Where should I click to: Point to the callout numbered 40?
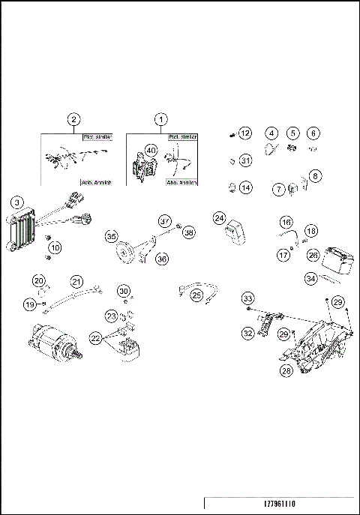click(x=151, y=151)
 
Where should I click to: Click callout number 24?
click(x=219, y=218)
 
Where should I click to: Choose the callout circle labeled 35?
click(x=112, y=237)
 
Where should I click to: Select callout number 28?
click(x=286, y=370)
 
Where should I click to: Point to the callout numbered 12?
click(x=244, y=133)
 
